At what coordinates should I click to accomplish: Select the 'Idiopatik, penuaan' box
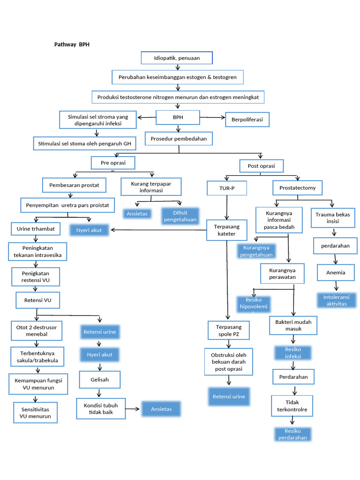[x=177, y=58]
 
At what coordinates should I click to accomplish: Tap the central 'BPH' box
[x=178, y=118]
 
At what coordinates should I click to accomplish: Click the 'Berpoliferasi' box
[x=247, y=120]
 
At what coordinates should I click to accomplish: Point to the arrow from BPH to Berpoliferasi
[x=212, y=118]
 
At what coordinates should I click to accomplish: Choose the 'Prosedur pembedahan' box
[x=179, y=139]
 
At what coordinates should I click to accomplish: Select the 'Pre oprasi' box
[x=112, y=163]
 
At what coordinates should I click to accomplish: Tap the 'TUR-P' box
[x=227, y=188]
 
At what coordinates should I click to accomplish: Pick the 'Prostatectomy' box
[x=298, y=188]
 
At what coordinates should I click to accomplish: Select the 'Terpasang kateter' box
[x=227, y=230]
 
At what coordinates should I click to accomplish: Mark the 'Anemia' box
[x=336, y=272]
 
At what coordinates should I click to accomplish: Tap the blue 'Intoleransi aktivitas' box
[x=337, y=300]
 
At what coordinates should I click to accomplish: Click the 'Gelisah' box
[x=99, y=380]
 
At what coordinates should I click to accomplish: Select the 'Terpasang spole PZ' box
[x=228, y=330]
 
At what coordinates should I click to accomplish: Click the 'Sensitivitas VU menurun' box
[x=35, y=412]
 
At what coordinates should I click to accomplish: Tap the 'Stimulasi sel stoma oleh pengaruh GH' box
[x=85, y=143]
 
